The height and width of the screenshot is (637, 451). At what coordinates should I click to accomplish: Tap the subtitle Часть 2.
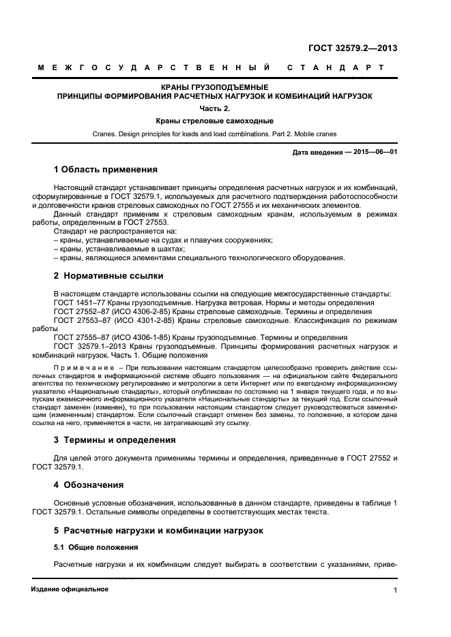pyautogui.click(x=214, y=108)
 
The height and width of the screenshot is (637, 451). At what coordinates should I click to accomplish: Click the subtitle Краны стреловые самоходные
pyautogui.click(x=214, y=121)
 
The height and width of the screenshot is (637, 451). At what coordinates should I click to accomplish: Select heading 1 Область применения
pyautogui.click(x=106, y=169)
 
